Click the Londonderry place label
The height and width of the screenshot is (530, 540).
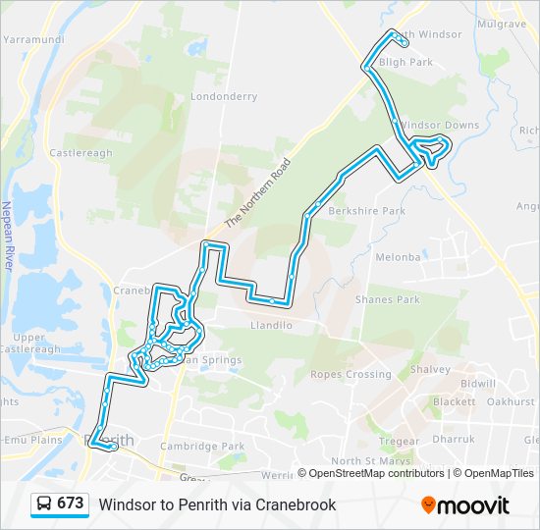click(224, 97)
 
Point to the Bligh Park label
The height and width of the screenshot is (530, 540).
click(405, 62)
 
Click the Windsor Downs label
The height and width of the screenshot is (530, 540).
click(440, 125)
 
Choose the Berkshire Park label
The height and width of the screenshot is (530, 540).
click(367, 211)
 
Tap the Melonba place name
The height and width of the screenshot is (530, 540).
click(398, 257)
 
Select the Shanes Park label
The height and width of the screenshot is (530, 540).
click(387, 299)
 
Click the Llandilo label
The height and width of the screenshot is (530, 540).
click(272, 325)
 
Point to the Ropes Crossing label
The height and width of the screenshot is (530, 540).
click(351, 374)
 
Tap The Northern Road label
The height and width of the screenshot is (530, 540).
click(258, 192)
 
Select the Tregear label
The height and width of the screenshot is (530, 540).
click(399, 441)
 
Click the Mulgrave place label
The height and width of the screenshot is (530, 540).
click(503, 22)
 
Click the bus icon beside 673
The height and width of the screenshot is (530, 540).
click(44, 503)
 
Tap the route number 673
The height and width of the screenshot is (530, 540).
click(70, 503)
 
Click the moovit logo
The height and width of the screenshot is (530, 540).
click(465, 505)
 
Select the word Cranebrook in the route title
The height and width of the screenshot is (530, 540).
click(296, 504)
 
